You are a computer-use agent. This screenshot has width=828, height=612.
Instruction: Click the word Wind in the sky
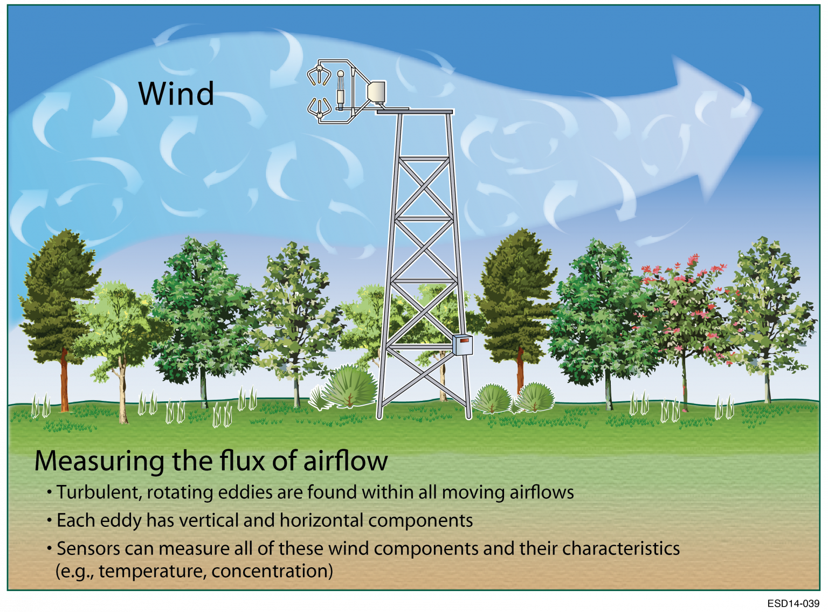tap(176, 93)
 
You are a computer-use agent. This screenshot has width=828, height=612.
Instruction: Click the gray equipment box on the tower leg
tap(462, 344)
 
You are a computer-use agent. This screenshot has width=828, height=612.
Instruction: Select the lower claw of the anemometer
tap(319, 107)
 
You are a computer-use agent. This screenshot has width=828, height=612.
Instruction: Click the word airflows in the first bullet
tap(541, 492)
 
